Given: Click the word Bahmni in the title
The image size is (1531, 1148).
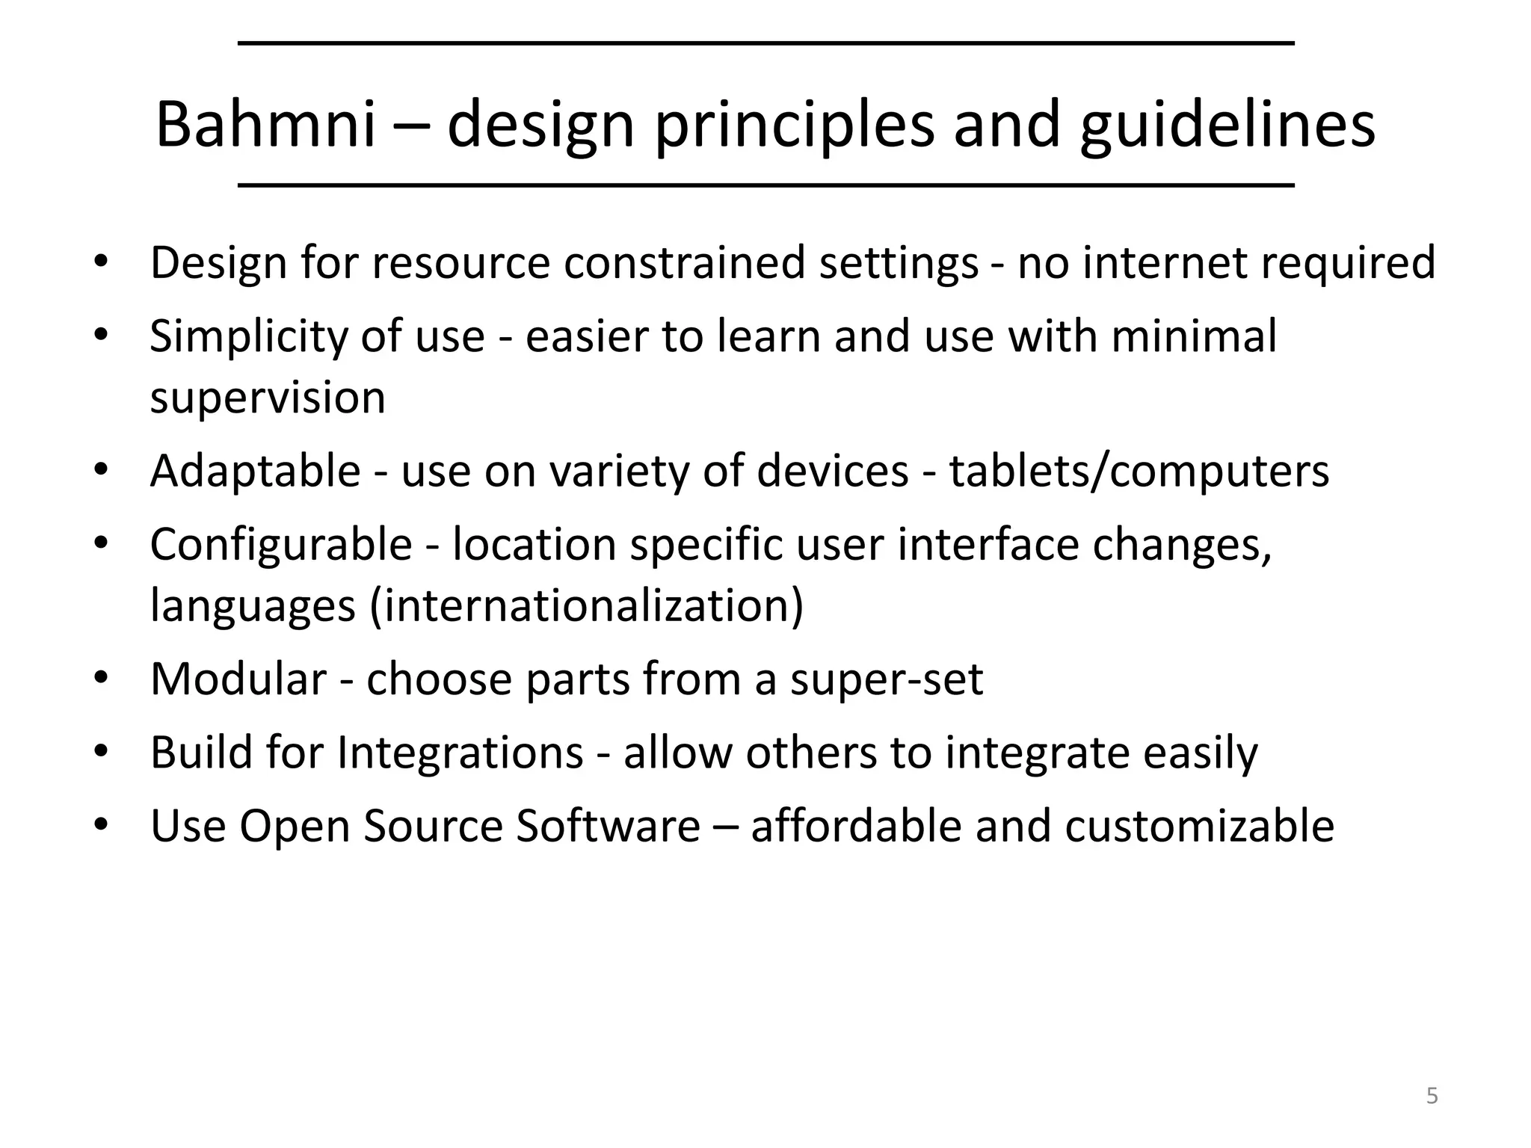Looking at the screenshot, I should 265,125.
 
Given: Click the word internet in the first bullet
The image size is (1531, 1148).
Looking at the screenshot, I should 1165,263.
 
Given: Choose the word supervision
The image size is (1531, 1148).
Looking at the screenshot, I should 268,398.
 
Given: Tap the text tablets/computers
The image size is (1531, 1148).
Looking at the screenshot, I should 1139,472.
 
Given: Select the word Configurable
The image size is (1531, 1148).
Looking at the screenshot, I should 281,545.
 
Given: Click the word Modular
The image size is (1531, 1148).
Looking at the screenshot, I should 238,679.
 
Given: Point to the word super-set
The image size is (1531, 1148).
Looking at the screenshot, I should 887,679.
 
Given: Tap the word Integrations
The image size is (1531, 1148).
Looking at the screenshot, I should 460,753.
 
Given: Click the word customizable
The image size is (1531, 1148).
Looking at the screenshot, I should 1199,826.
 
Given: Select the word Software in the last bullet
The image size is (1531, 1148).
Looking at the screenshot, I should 608,826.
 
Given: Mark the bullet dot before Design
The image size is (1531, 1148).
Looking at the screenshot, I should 101,262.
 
